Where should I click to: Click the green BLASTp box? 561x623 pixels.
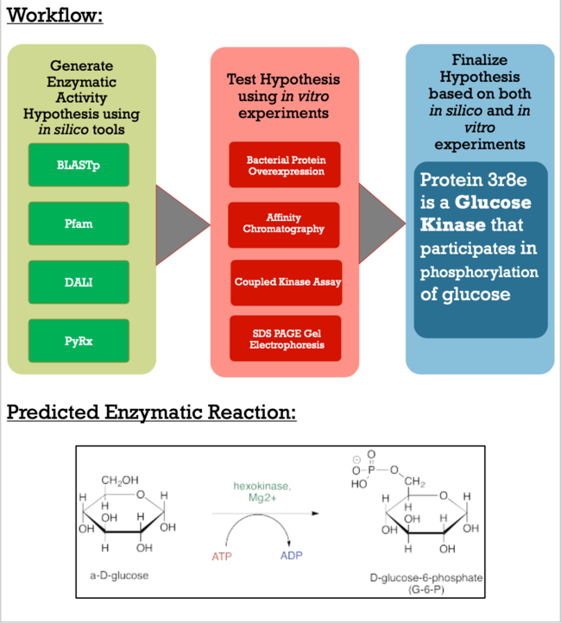click(79, 165)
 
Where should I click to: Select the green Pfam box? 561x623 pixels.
click(79, 223)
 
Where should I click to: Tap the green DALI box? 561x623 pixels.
click(79, 282)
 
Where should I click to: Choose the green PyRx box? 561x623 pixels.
click(79, 340)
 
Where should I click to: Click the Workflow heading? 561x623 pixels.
click(55, 16)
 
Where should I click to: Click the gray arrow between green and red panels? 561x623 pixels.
click(182, 226)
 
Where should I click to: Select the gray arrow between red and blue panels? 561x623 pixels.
click(381, 226)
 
